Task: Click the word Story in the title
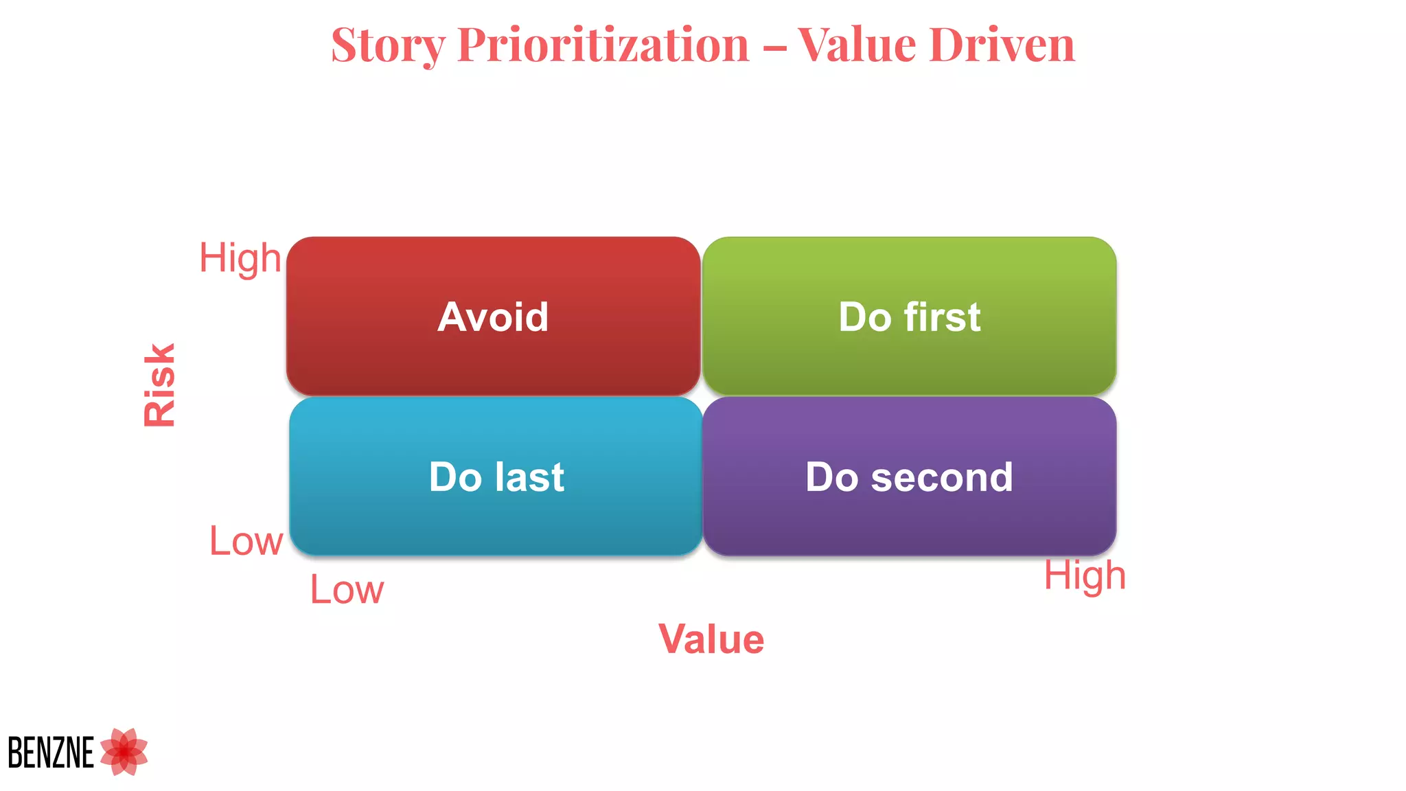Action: (x=388, y=45)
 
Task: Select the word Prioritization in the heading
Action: (x=603, y=45)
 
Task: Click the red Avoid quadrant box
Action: (x=493, y=316)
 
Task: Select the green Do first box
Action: (x=909, y=316)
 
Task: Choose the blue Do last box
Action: (x=496, y=477)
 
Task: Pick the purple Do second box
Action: (x=909, y=477)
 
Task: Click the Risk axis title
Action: (x=159, y=385)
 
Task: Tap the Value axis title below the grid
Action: (x=711, y=639)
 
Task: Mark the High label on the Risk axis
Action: (x=240, y=259)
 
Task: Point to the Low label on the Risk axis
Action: (x=246, y=541)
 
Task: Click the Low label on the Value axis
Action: (x=347, y=590)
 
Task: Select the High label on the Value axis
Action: (x=1085, y=575)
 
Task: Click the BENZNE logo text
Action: (x=51, y=753)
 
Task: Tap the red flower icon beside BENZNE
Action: (x=124, y=752)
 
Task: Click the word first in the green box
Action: (x=942, y=317)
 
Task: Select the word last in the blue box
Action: (x=529, y=477)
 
